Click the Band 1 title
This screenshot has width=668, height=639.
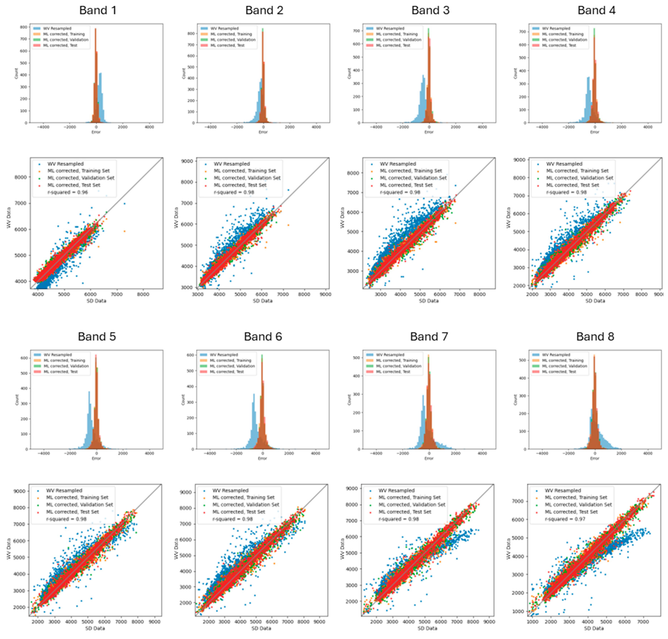[98, 10]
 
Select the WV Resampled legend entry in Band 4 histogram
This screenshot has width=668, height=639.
[556, 29]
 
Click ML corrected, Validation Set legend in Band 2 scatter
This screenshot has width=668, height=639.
[247, 178]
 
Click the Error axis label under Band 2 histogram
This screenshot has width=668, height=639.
[263, 132]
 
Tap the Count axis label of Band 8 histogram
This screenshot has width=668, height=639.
[515, 400]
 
